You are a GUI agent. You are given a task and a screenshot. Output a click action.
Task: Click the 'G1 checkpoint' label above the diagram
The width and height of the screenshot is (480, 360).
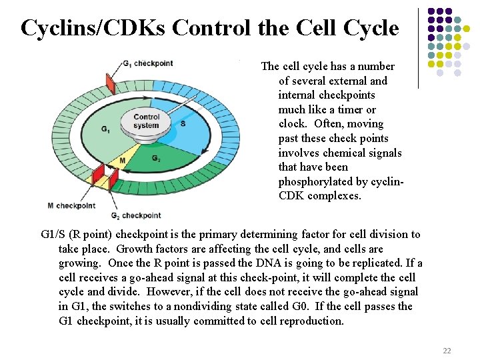tap(148, 63)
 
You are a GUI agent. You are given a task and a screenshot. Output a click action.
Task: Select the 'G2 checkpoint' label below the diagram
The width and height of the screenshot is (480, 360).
tap(135, 215)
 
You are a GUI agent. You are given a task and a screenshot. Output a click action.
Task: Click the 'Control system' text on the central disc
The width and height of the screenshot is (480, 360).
tap(147, 121)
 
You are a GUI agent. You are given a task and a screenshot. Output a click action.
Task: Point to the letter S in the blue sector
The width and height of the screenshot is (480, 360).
tap(183, 124)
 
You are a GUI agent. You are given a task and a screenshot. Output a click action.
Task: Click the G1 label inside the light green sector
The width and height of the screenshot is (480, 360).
tap(105, 129)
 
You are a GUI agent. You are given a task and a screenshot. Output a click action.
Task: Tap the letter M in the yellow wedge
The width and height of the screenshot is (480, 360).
tap(122, 161)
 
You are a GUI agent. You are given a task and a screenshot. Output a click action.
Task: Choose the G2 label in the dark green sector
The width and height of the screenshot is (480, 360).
tap(155, 159)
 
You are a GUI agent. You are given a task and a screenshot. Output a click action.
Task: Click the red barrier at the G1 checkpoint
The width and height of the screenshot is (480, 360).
tap(111, 83)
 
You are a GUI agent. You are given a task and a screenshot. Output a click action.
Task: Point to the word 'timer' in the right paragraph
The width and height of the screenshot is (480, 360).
tap(349, 109)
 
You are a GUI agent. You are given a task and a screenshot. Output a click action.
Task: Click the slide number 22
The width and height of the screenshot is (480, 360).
tap(447, 351)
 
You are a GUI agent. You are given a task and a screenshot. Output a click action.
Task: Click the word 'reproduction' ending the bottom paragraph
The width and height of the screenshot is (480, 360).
tap(312, 321)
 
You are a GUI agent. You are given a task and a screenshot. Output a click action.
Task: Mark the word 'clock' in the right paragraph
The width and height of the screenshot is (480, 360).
tap(292, 124)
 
